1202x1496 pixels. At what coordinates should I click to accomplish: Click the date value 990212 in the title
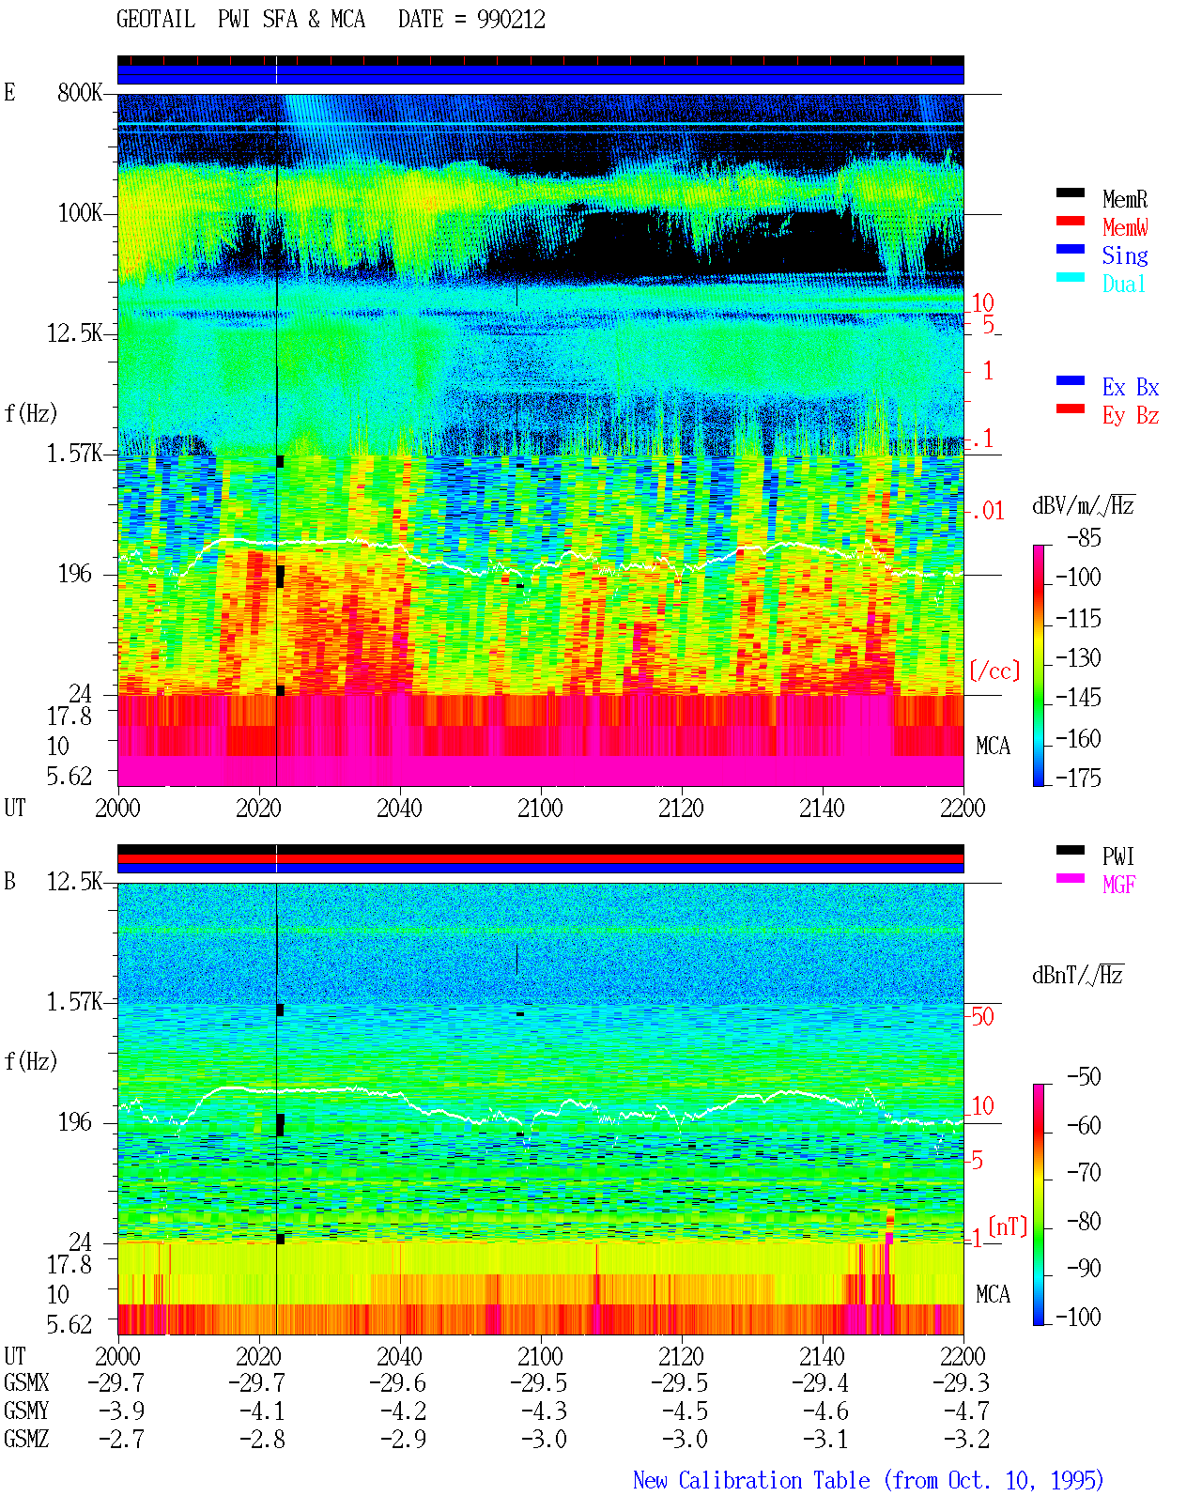point(511,20)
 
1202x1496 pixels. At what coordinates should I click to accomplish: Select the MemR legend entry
point(1125,199)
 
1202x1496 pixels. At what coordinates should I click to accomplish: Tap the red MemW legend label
point(1125,227)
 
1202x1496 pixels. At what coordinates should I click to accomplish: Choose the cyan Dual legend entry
point(1123,284)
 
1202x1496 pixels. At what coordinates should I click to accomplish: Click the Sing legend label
point(1125,255)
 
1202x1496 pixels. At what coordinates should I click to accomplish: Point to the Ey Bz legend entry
point(1131,416)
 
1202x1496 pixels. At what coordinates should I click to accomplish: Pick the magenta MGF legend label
point(1118,885)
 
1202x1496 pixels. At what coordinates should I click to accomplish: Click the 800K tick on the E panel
point(80,92)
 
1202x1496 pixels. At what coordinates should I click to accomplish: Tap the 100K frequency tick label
point(80,213)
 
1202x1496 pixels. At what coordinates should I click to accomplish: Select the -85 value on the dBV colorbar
point(1084,537)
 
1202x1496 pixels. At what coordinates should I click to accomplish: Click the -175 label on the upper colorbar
point(1078,778)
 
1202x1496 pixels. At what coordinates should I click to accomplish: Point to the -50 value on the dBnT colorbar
point(1084,1077)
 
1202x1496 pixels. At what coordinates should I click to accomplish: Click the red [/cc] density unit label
point(994,671)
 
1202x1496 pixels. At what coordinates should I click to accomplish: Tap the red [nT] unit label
point(1008,1226)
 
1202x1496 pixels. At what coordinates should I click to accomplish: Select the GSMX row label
point(26,1382)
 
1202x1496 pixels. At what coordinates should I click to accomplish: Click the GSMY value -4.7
point(966,1411)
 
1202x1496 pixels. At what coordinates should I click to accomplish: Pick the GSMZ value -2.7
point(122,1439)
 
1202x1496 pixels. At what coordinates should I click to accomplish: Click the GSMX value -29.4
point(821,1382)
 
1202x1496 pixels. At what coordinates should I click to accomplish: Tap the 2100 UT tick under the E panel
point(540,808)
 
